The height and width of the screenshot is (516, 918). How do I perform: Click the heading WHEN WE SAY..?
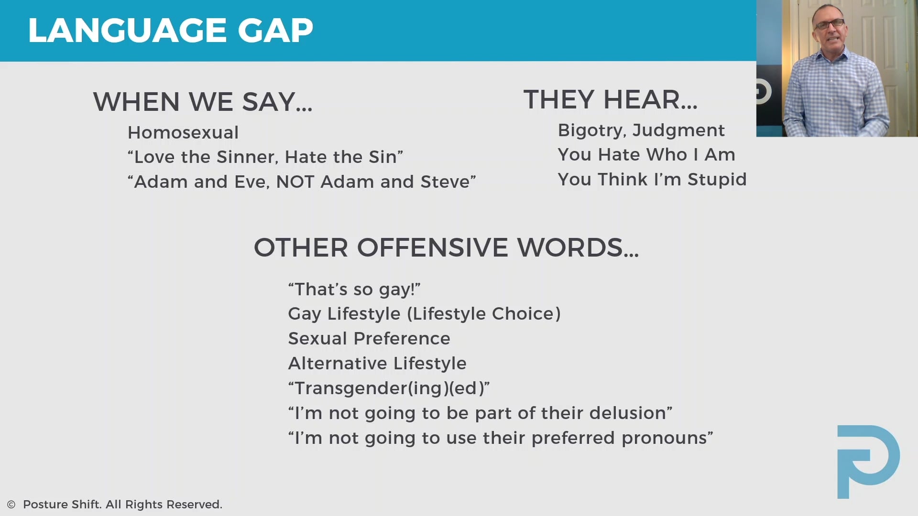(203, 102)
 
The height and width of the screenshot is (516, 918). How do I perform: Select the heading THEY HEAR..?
(610, 99)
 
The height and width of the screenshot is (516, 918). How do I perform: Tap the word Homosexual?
(183, 132)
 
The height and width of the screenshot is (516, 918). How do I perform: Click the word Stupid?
(717, 179)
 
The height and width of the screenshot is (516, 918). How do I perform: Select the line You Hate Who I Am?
(646, 154)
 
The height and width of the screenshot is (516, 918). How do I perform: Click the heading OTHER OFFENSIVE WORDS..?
(446, 247)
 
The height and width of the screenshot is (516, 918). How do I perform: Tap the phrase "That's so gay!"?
(354, 289)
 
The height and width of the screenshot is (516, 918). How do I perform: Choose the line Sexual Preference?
(369, 338)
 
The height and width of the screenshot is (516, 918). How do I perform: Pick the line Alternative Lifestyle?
(377, 363)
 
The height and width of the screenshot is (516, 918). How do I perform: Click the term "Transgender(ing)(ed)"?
(389, 388)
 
